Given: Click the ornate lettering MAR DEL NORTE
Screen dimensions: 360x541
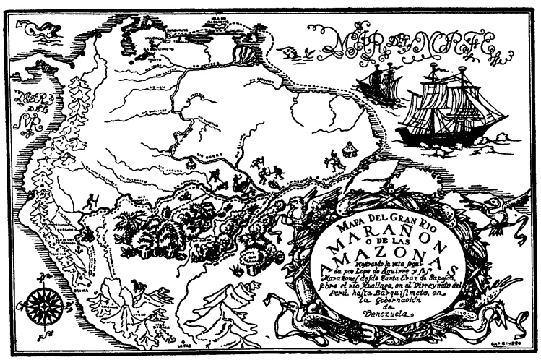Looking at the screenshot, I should [x=402, y=43].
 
